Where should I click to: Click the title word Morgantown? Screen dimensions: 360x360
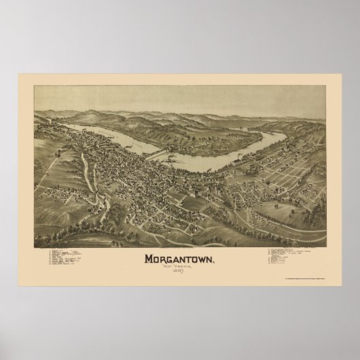pyautogui.click(x=180, y=259)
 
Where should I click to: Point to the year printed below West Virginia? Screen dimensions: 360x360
pyautogui.click(x=179, y=272)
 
